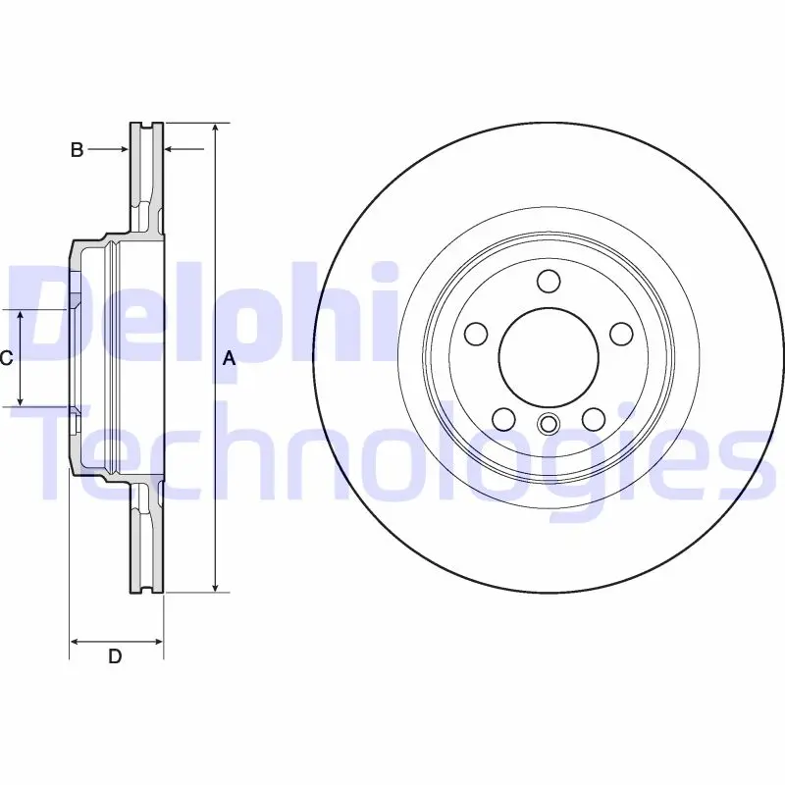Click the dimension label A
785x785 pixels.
click(229, 358)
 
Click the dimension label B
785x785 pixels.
click(77, 149)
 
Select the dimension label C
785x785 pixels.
click(6, 358)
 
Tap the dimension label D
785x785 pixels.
click(115, 655)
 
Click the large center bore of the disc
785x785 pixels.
click(549, 357)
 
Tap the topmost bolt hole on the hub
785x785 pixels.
click(549, 281)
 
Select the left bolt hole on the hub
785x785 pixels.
click(476, 334)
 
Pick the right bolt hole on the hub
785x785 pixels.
click(621, 334)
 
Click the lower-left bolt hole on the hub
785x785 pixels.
click(504, 419)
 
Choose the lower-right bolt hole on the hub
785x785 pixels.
click(594, 419)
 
